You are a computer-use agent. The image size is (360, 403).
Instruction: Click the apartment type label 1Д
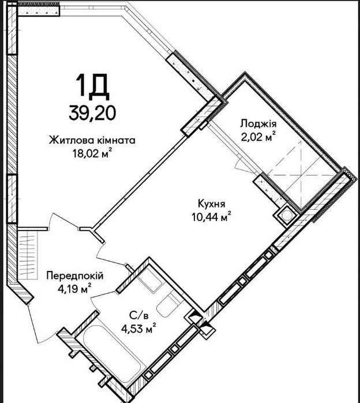click(92, 87)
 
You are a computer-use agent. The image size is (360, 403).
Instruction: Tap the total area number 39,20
click(92, 113)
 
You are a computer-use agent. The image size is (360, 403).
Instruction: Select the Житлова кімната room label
click(92, 140)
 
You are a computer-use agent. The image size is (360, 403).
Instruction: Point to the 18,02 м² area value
click(92, 154)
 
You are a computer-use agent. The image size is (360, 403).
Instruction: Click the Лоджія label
click(258, 124)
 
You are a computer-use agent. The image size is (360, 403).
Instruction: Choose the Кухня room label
click(211, 204)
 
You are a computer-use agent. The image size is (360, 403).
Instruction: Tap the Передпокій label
click(75, 276)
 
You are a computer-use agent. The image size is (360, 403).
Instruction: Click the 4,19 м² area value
click(75, 289)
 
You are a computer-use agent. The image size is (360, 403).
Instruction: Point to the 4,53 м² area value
click(139, 329)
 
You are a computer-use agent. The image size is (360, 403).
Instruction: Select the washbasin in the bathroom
click(149, 280)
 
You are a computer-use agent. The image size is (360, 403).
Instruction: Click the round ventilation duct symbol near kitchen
click(286, 216)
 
